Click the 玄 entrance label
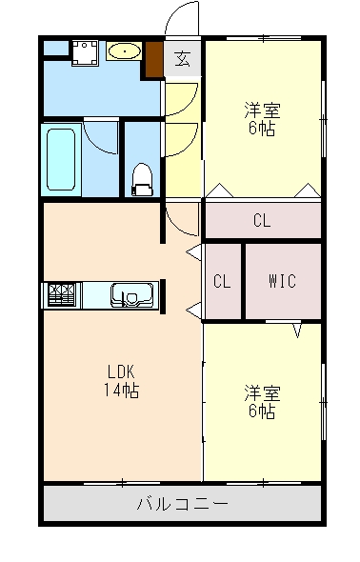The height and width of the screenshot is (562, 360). click(x=183, y=58)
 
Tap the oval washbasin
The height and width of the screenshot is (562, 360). click(x=124, y=51)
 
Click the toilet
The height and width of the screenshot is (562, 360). click(x=142, y=177)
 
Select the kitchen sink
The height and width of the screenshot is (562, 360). click(x=127, y=296)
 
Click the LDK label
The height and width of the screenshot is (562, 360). click(x=121, y=371)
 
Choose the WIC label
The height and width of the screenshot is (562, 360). click(x=282, y=281)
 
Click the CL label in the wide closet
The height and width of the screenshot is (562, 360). click(x=262, y=221)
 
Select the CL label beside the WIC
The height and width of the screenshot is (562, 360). click(x=222, y=281)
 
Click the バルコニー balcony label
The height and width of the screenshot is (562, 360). click(x=181, y=503)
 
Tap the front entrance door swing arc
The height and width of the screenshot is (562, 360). click(x=183, y=19)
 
